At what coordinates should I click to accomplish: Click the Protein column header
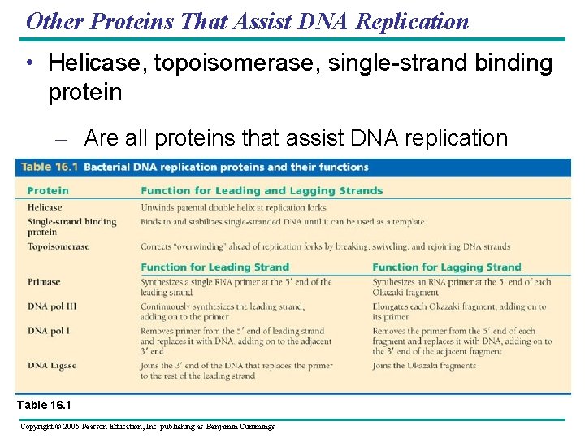pyautogui.click(x=48, y=191)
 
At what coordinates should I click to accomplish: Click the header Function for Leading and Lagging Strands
pyautogui.click(x=261, y=191)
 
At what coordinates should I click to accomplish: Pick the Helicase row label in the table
pyautogui.click(x=45, y=207)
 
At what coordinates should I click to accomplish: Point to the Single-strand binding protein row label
pyautogui.click(x=71, y=226)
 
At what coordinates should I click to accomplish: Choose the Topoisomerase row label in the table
pyautogui.click(x=58, y=246)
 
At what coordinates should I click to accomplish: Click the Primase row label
pyautogui.click(x=44, y=282)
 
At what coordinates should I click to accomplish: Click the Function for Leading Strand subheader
pyautogui.click(x=214, y=267)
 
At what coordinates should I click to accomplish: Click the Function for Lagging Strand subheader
pyautogui.click(x=446, y=267)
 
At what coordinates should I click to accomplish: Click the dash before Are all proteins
pyautogui.click(x=59, y=139)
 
